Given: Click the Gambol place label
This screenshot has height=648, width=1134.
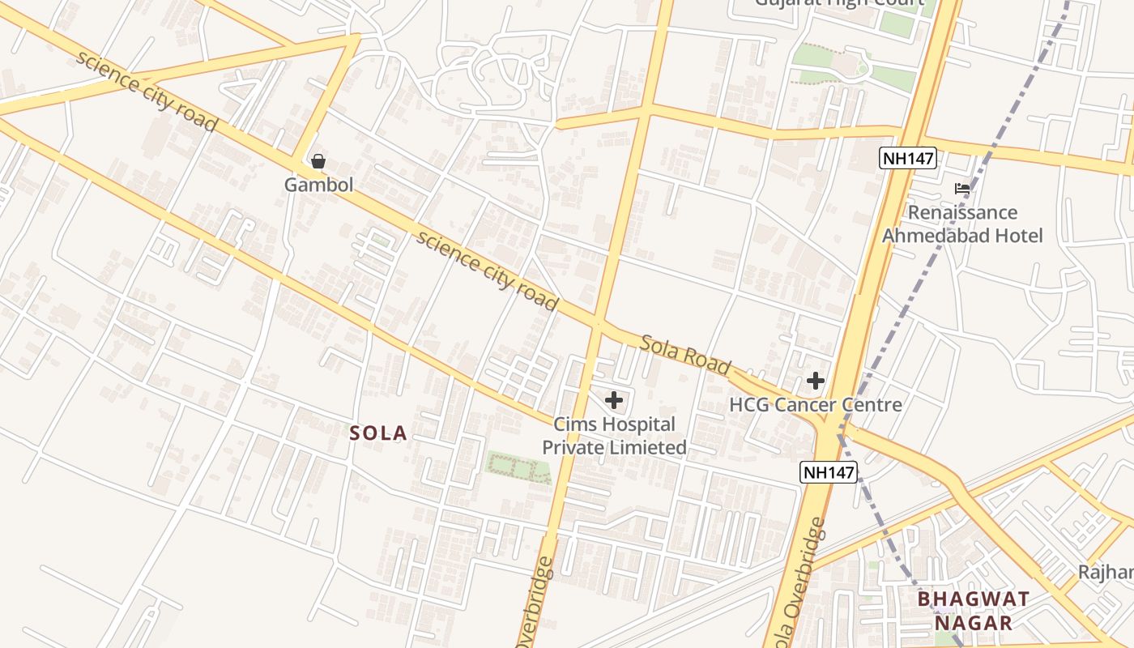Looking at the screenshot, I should (318, 185).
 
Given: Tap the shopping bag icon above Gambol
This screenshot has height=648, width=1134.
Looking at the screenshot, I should (318, 161).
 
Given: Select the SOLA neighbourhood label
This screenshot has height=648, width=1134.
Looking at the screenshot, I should (378, 433).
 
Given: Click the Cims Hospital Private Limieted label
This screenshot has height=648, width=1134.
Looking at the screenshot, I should (614, 436).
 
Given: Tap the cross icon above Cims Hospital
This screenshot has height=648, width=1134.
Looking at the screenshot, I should (614, 399).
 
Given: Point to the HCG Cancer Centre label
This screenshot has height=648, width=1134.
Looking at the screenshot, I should (816, 404).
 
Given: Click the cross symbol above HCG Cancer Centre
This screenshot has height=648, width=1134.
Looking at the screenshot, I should (816, 381).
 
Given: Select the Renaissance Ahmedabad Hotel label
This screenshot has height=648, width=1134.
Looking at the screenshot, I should (962, 224).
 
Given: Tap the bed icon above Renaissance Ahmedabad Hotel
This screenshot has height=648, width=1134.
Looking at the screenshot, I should (962, 189).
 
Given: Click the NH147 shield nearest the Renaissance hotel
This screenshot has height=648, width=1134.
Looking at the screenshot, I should (908, 158).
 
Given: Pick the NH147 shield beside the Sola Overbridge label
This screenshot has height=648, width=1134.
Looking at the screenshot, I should (829, 472).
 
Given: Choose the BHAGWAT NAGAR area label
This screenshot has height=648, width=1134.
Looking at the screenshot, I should (974, 611).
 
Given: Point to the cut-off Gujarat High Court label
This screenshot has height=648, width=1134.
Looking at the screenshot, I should (839, 3).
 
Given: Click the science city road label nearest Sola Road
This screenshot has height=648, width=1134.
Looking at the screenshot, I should (487, 271).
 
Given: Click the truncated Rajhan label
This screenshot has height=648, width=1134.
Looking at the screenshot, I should (1106, 572).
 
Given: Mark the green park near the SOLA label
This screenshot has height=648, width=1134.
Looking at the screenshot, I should (518, 467).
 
